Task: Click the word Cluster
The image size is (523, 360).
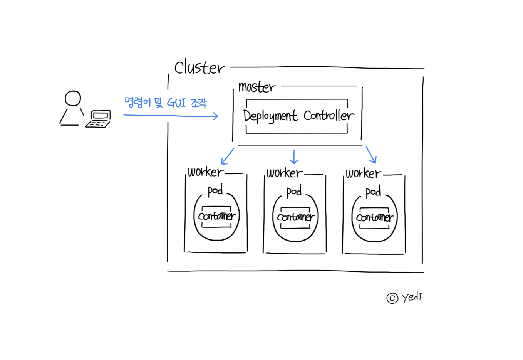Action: [199, 68]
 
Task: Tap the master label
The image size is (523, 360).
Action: [257, 87]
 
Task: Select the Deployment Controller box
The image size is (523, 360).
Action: [297, 116]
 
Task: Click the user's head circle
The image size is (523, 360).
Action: [73, 98]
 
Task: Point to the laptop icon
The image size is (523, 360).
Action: [99, 119]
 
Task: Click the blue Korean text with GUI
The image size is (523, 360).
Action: [166, 103]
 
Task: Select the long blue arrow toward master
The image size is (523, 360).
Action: [171, 115]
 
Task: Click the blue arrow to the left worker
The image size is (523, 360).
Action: [227, 156]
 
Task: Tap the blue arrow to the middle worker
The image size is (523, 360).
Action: [294, 156]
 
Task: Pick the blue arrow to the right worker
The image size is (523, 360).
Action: [371, 155]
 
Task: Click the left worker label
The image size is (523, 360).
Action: [205, 172]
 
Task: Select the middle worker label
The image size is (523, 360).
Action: [284, 173]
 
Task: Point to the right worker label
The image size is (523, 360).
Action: [363, 173]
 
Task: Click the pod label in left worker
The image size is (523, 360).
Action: [215, 190]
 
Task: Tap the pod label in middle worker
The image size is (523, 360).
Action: [294, 191]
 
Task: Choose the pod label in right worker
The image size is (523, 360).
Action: [373, 192]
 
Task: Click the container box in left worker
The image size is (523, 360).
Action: [216, 216]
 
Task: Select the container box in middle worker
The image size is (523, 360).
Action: [295, 217]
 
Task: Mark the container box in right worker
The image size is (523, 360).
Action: [374, 218]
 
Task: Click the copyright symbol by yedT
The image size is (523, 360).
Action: [392, 298]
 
